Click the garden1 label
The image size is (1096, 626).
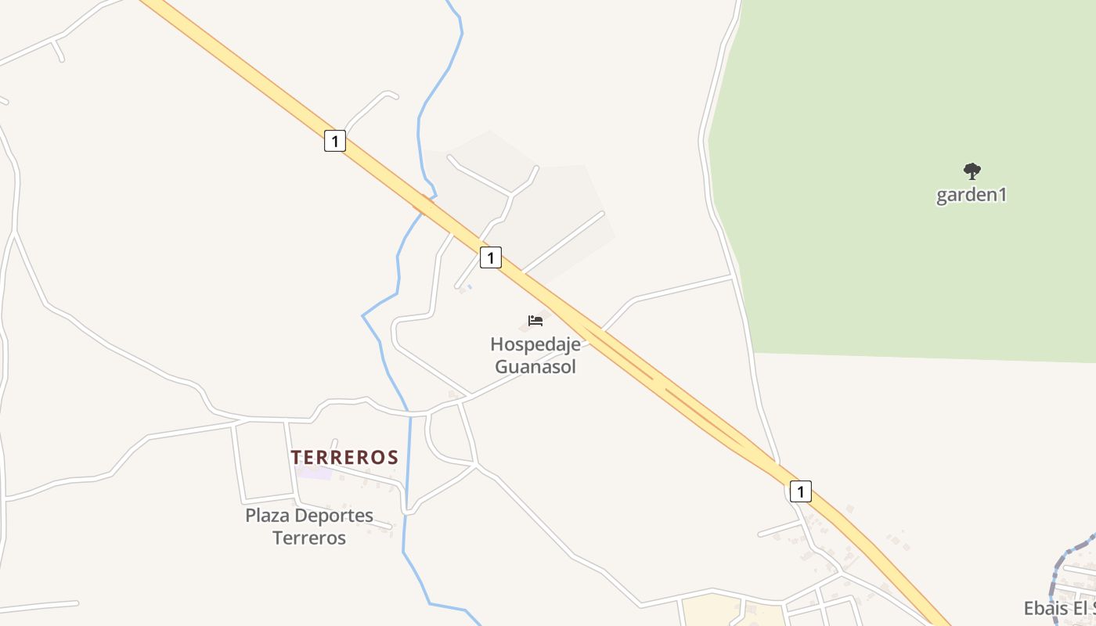click(971, 195)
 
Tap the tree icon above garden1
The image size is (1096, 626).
click(972, 171)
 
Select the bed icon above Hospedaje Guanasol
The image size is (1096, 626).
click(535, 320)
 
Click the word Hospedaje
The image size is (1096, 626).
click(535, 344)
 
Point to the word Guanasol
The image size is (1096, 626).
click(535, 366)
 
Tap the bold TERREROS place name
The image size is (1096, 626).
click(344, 457)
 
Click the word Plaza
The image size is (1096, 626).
click(267, 516)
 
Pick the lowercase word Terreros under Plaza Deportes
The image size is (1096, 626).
click(308, 538)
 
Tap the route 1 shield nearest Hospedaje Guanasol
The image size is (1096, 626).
click(490, 257)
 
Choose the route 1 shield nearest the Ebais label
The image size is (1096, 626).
click(800, 491)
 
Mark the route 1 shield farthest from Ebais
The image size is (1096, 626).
click(334, 142)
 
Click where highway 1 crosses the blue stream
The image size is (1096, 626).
click(424, 204)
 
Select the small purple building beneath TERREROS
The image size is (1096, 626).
click(313, 472)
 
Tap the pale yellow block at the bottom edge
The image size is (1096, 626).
click(708, 610)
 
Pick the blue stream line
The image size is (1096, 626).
click(407, 485)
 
